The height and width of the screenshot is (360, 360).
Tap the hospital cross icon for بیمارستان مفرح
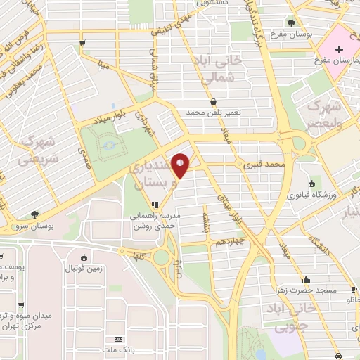click(x=340, y=49)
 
